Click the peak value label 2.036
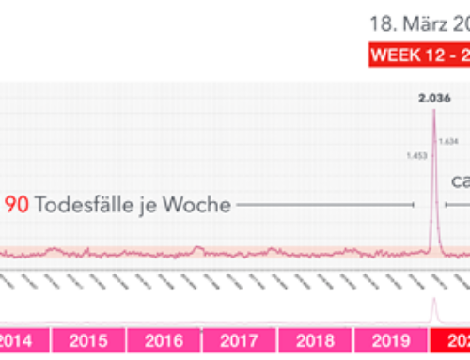click(x=433, y=97)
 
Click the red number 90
click(x=17, y=205)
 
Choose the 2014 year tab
click(x=19, y=341)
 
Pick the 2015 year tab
click(x=87, y=341)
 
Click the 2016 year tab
click(x=164, y=341)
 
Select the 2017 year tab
click(x=239, y=341)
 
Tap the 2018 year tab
click(x=314, y=341)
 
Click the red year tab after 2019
click(x=449, y=341)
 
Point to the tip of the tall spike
click(x=433, y=111)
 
